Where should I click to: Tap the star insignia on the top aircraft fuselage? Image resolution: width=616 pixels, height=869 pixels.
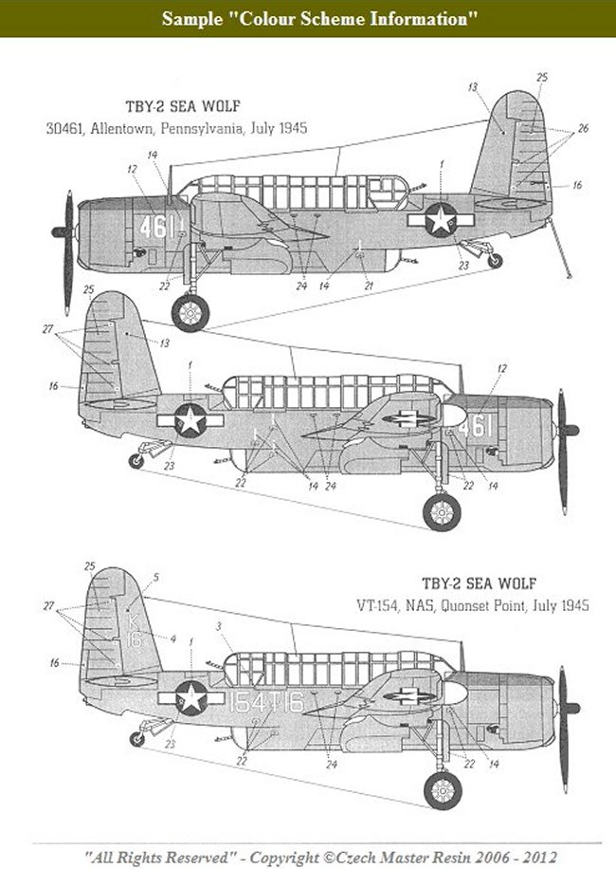click(440, 220)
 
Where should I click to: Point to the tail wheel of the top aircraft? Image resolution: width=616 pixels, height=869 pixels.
click(495, 259)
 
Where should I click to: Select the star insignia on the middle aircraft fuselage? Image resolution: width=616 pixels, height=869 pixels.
click(190, 419)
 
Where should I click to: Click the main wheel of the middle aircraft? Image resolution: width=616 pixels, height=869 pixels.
click(442, 511)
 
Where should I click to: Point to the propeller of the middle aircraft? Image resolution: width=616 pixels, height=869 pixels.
click(564, 430)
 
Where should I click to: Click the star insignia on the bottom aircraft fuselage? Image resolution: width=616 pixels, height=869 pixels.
click(190, 697)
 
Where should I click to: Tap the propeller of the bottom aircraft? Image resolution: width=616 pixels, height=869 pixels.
click(565, 708)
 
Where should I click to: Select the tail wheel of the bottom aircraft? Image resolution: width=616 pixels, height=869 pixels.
click(137, 739)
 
